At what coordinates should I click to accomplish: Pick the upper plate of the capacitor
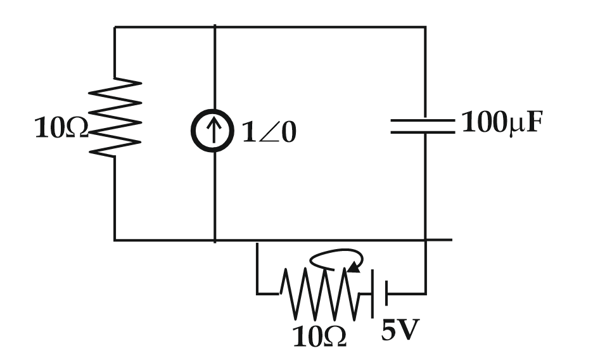pos(423,120)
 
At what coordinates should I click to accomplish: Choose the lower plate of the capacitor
pos(423,132)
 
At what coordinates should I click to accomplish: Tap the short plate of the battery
pos(386,293)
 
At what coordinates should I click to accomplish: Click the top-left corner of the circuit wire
pos(115,27)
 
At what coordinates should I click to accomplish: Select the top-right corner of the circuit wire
pos(425,27)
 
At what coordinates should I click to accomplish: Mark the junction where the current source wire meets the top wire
pos(215,27)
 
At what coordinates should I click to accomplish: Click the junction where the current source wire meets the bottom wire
pos(215,241)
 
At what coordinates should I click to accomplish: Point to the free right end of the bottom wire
pos(451,240)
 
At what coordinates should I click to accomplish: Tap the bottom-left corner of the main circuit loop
pos(115,241)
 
